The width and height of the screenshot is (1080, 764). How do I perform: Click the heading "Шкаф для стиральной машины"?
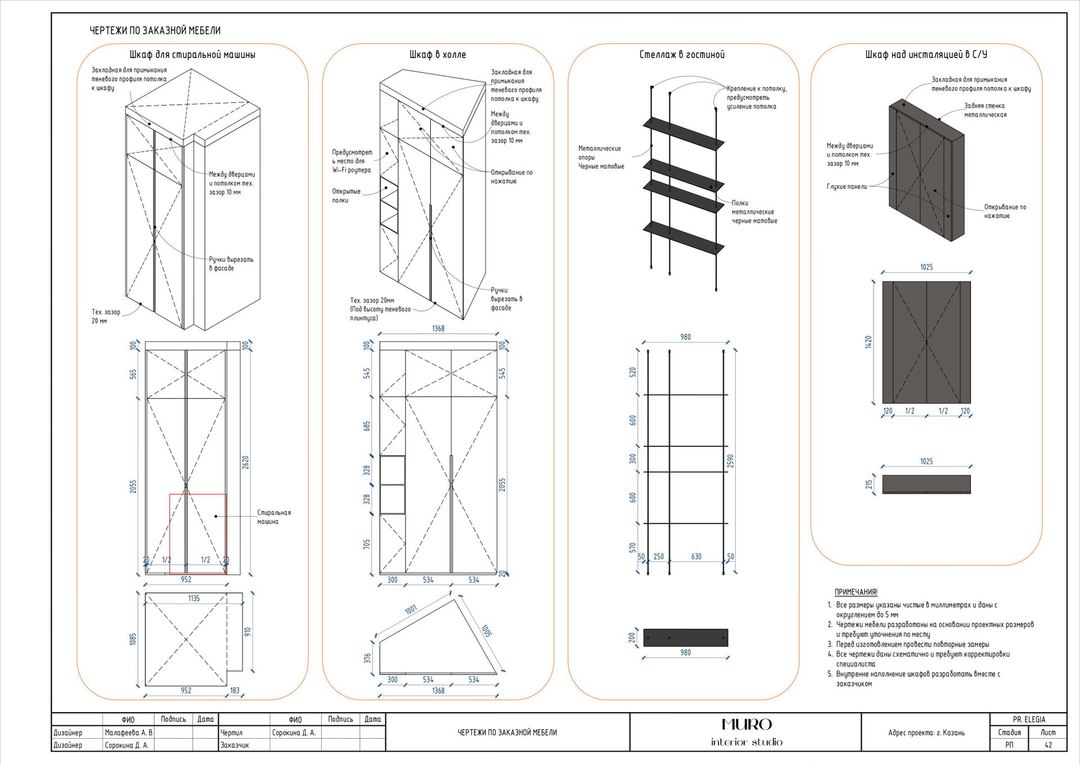tap(192, 55)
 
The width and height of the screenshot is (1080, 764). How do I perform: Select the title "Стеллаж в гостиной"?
tap(682, 55)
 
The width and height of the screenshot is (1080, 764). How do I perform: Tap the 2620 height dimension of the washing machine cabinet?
tap(245, 462)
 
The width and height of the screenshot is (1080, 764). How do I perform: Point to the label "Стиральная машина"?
tap(274, 517)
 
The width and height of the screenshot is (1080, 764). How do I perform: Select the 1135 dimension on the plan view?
tap(193, 599)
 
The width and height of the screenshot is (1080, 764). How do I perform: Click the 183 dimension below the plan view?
tap(235, 690)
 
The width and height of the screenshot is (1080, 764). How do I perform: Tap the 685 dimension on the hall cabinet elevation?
tap(367, 426)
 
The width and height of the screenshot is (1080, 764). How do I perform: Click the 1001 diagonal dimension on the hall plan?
tap(411, 610)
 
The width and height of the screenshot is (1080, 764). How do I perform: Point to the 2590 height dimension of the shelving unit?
tap(730, 461)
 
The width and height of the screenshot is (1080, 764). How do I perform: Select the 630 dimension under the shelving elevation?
tap(696, 556)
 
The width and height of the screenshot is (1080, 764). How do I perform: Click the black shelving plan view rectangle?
tap(685, 637)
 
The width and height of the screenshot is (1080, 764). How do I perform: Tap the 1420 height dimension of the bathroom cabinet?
tap(868, 342)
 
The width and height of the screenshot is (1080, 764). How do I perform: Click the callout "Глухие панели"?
tap(847, 187)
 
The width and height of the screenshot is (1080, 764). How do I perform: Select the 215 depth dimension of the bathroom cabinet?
tap(869, 484)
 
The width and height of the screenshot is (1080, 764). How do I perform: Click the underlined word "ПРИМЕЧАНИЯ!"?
tap(856, 592)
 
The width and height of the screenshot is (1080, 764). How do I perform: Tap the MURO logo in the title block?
tap(746, 725)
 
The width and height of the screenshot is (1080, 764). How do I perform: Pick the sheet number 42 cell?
tap(1048, 745)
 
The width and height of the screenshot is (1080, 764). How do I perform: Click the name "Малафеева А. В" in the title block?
tap(128, 732)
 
